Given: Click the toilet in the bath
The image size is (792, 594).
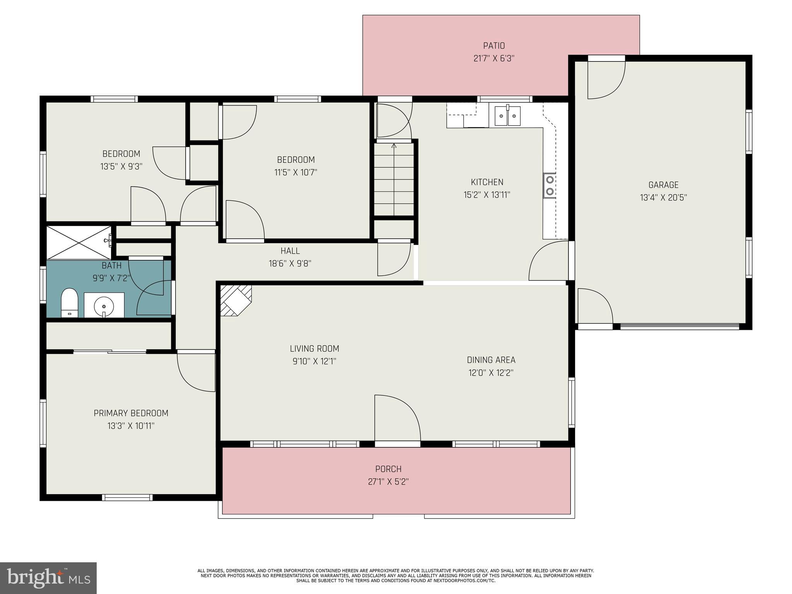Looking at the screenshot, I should click(x=70, y=302).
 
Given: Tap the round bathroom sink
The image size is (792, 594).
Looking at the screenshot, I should click(x=104, y=305).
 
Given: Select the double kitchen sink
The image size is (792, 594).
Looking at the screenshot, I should click(x=508, y=116).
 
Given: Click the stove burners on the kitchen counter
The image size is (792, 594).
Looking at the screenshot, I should click(x=550, y=185).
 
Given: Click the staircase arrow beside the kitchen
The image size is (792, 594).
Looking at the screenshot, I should click(x=394, y=146).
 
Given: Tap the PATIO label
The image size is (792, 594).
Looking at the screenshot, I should click(x=494, y=46).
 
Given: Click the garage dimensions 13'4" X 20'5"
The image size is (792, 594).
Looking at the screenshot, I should click(x=663, y=198).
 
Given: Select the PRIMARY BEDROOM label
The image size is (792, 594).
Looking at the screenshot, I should click(x=131, y=413).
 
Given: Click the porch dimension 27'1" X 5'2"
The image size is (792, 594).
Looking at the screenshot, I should click(x=388, y=482).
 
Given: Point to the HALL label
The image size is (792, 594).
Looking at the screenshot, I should click(x=290, y=251).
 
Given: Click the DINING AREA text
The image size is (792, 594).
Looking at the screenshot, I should click(x=491, y=360).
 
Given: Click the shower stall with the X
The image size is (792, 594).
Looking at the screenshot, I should click(x=79, y=242).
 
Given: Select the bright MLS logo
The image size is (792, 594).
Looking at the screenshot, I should click(x=48, y=578).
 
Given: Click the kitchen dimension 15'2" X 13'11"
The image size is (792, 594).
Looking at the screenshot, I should click(x=487, y=195).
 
